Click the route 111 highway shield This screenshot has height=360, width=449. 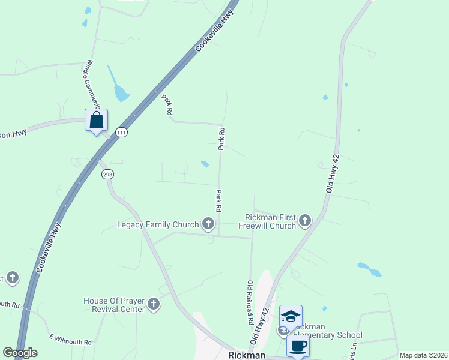pyautogui.click(x=122, y=132)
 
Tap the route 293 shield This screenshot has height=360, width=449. pyautogui.click(x=107, y=174)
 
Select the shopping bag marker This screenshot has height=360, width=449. pyautogui.click(x=96, y=121)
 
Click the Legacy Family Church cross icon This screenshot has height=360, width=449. pyautogui.click(x=208, y=224)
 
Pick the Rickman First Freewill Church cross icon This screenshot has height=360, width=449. pyautogui.click(x=305, y=221)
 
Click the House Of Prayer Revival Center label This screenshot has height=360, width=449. pyautogui.click(x=114, y=304)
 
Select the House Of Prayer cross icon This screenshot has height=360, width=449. pyautogui.click(x=153, y=304)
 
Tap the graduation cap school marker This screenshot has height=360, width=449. pyautogui.click(x=291, y=316)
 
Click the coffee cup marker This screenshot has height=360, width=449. pyautogui.click(x=298, y=346)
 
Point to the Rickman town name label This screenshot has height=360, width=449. pyautogui.click(x=247, y=355)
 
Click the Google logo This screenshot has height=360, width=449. pyautogui.click(x=20, y=353)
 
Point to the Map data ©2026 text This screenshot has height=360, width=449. pyautogui.click(x=423, y=355)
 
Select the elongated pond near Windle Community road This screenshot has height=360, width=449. pyautogui.click(x=118, y=85)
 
